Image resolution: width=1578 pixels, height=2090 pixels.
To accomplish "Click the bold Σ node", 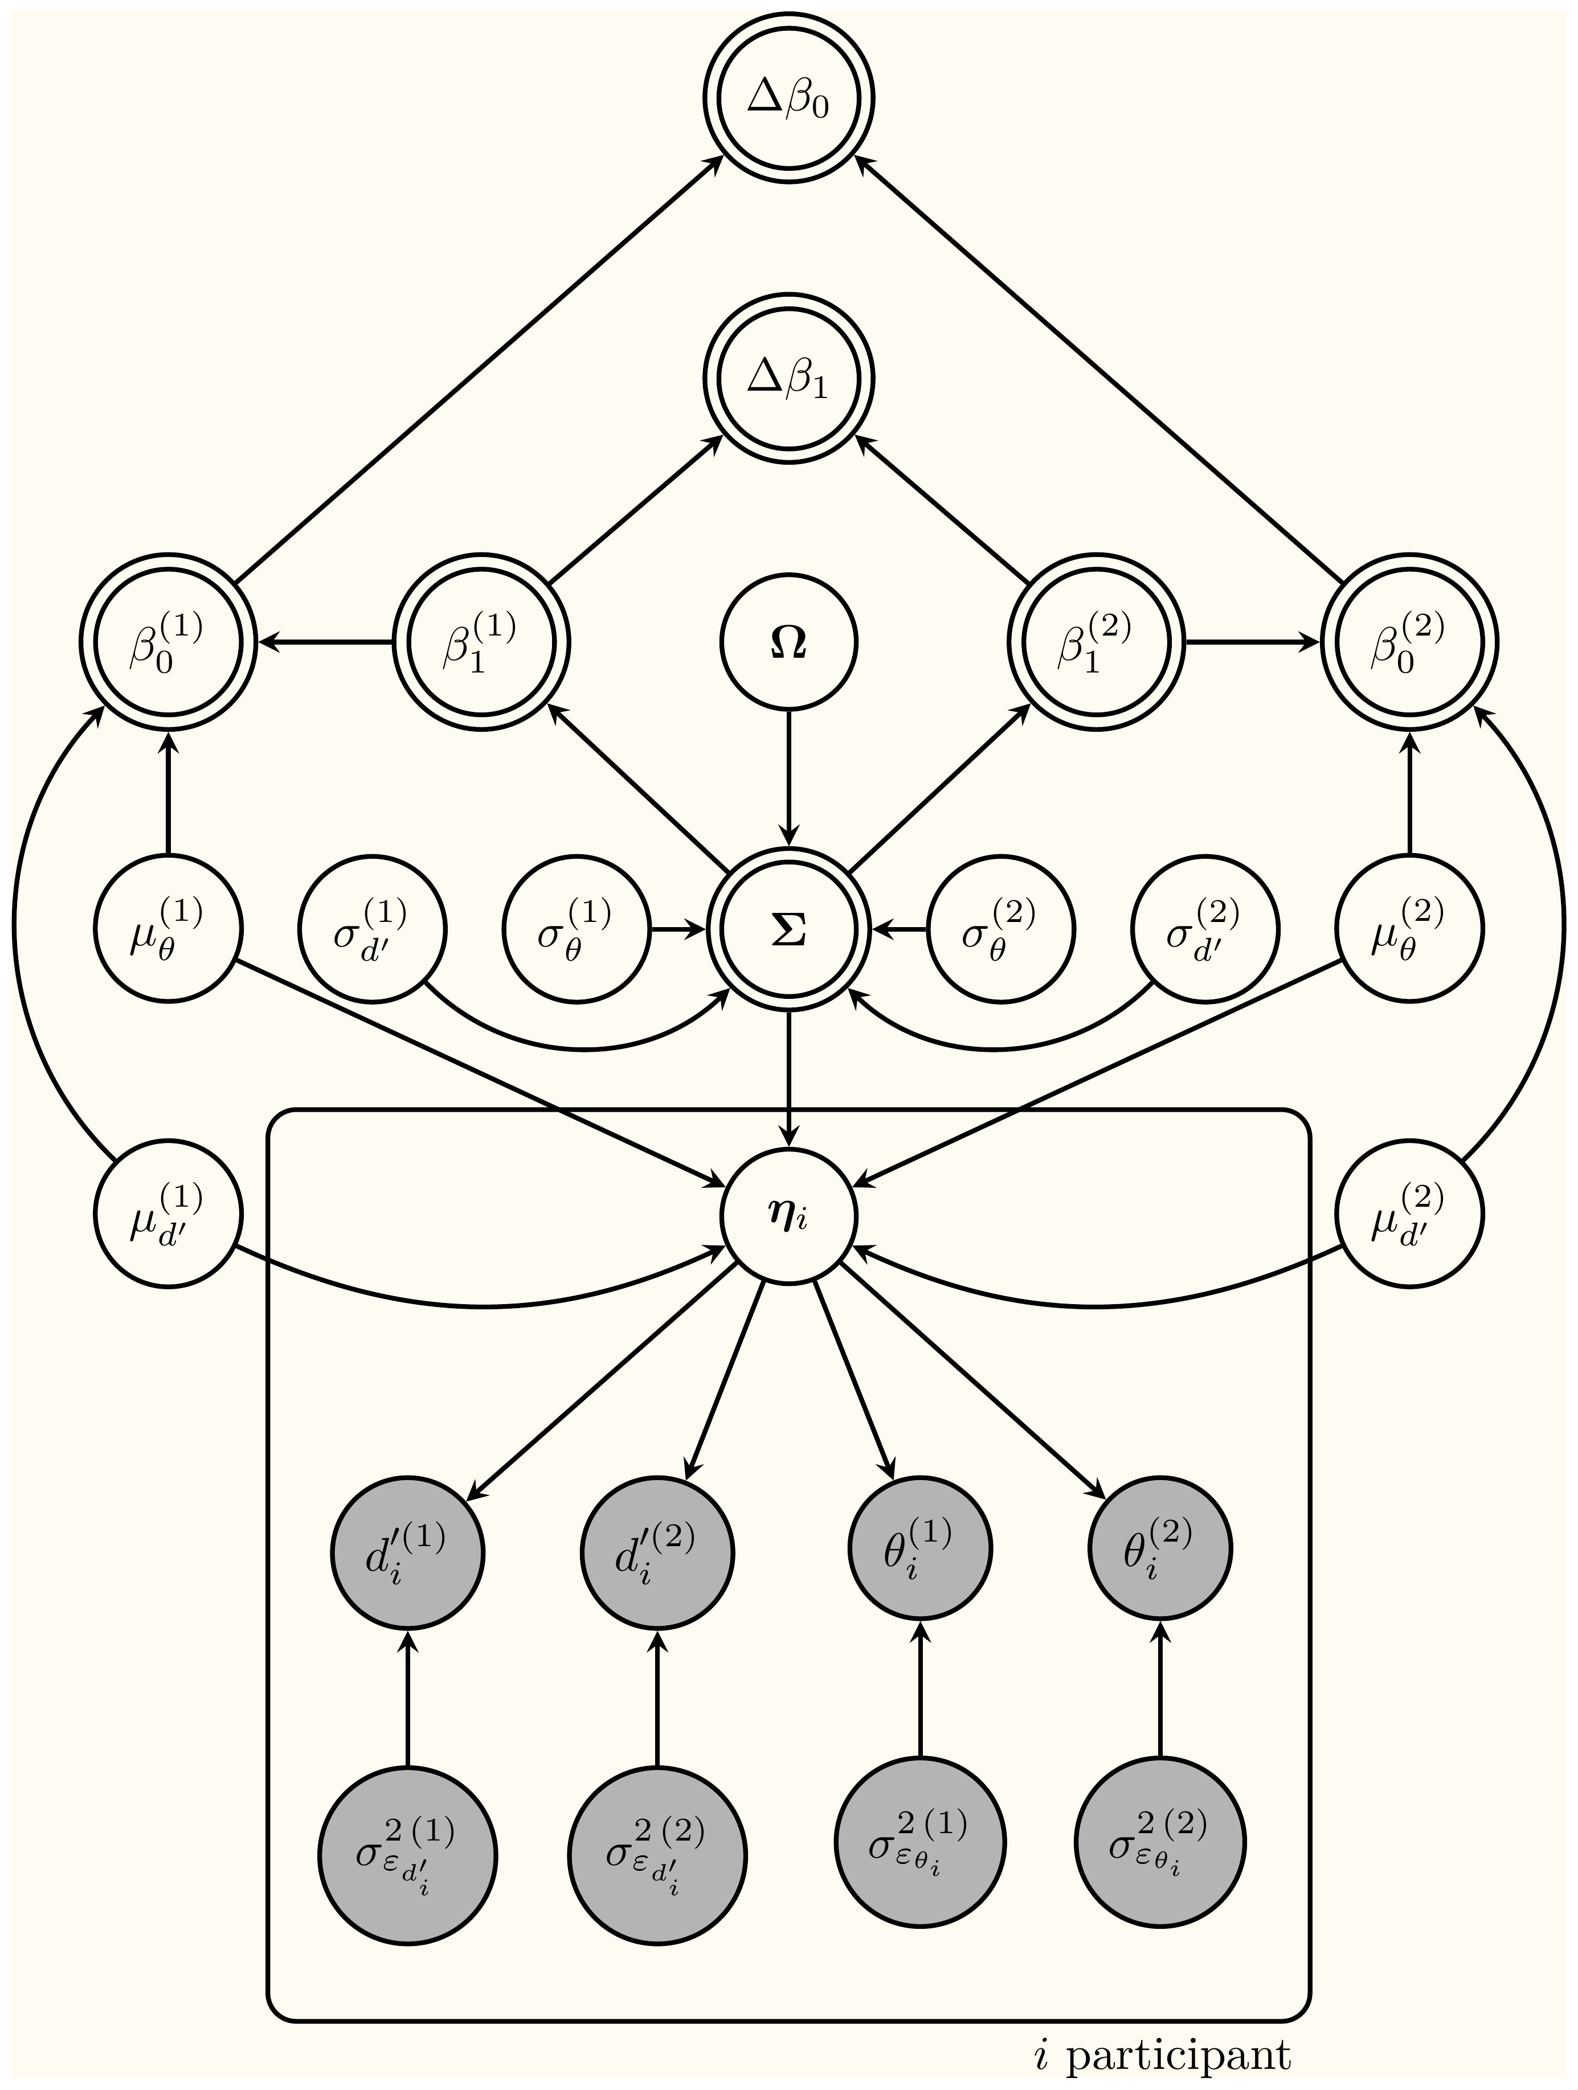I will tap(788, 929).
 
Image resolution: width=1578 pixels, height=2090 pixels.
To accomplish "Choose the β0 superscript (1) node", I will tap(168, 642).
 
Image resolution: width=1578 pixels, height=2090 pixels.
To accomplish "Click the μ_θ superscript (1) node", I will tap(168, 929).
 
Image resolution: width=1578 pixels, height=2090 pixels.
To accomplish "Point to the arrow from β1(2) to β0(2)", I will tap(1252, 642).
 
